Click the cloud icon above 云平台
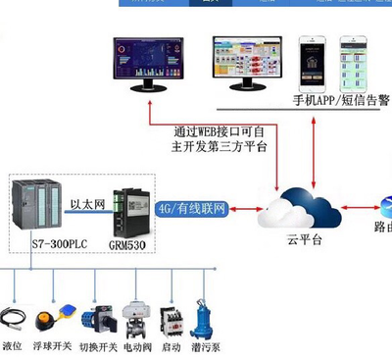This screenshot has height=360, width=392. pos(298,209)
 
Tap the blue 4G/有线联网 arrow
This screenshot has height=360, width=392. pos(192,209)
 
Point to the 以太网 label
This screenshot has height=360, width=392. pos(86,204)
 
